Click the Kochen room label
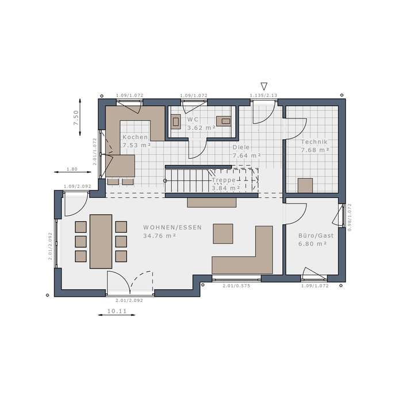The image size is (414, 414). click(135, 137)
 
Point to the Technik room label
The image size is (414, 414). click(314, 141)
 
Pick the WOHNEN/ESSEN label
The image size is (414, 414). click(172, 227)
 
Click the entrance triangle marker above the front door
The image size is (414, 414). click(264, 85)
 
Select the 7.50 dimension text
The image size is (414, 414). click(75, 117)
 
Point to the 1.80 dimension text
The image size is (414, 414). click(72, 169)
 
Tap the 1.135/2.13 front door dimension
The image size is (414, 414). click(263, 95)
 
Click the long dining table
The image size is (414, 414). click(101, 241)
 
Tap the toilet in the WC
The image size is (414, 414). click(177, 121)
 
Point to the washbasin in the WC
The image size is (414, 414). click(225, 121)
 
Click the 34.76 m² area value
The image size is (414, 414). click(160, 235)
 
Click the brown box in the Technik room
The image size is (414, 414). click(305, 185)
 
